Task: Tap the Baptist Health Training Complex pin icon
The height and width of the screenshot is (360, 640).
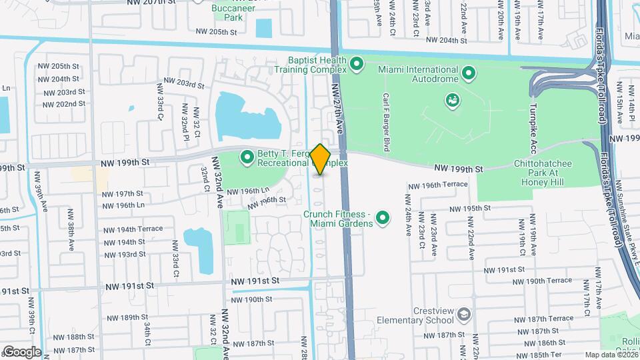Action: click(x=357, y=65)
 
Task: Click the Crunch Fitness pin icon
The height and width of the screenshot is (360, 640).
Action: click(x=383, y=218)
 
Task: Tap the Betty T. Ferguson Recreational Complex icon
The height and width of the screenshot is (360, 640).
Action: click(x=248, y=158)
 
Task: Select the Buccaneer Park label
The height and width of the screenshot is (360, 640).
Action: click(x=227, y=13)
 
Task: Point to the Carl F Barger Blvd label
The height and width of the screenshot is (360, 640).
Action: click(x=385, y=120)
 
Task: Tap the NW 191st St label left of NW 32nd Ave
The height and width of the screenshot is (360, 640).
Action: click(x=129, y=285)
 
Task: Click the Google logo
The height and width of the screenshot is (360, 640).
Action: click(x=22, y=351)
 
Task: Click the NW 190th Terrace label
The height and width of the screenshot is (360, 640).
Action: click(x=549, y=281)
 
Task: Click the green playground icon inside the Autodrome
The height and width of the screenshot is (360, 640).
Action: click(x=452, y=101)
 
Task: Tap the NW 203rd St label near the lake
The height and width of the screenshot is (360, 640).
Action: click(x=181, y=84)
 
